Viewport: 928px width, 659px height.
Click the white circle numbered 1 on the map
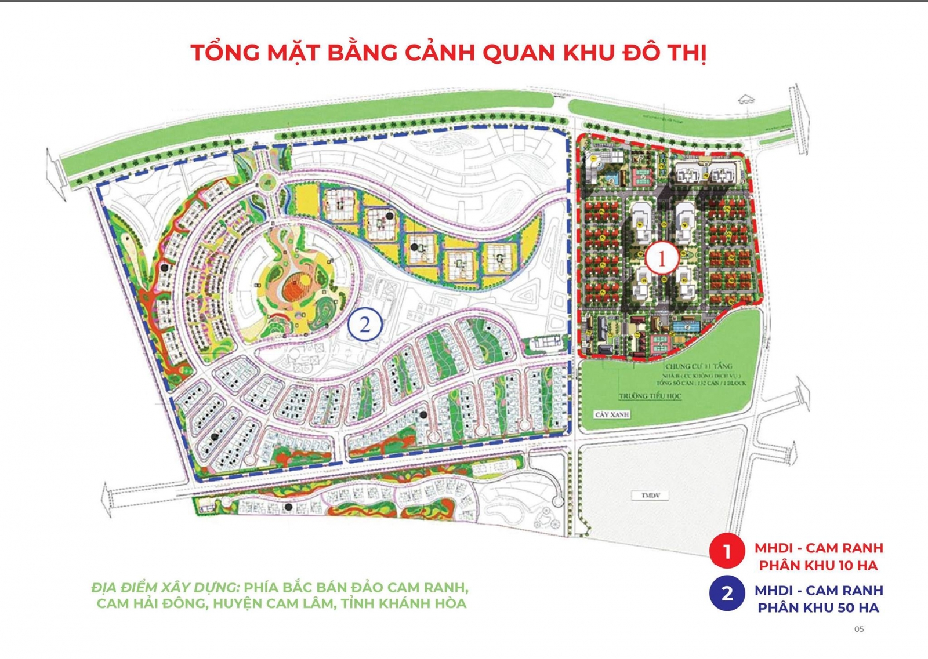[x=662, y=258]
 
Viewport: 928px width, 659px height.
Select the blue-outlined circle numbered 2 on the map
[x=365, y=324]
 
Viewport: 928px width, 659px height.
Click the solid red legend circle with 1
[x=727, y=551]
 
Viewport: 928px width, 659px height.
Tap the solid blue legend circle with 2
[x=727, y=593]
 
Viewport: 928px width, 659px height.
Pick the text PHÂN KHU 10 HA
[x=818, y=565]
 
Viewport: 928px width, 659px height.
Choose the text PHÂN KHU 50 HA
[x=818, y=607]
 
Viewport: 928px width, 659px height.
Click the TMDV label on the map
[x=650, y=496]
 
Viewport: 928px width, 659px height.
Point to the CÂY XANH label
[x=612, y=414]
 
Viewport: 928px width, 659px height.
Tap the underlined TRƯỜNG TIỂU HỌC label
[x=650, y=396]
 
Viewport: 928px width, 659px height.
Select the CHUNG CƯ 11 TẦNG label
[x=698, y=366]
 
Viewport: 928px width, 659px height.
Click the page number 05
[x=859, y=629]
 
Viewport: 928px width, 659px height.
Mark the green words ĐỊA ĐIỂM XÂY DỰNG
[x=165, y=587]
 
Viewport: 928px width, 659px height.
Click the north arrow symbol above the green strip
[x=746, y=100]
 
